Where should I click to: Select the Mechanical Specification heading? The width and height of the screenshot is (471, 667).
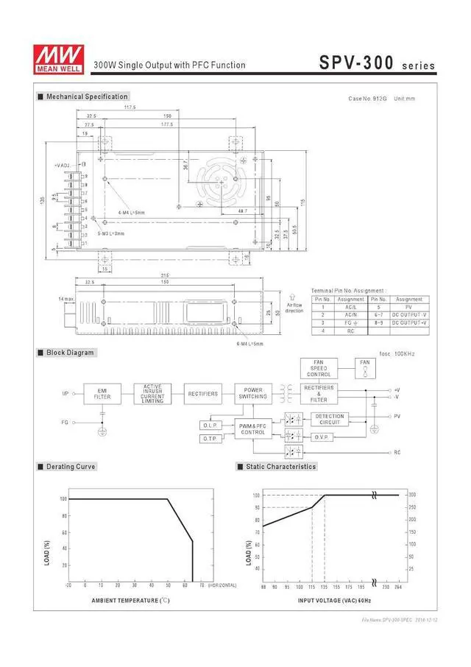(87, 96)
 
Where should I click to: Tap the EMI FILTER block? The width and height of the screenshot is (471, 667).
(102, 394)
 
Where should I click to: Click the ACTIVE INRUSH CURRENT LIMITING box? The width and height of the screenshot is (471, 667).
(152, 394)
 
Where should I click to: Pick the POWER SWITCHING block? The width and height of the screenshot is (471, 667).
(253, 394)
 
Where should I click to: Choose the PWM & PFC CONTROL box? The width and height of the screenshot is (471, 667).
(253, 429)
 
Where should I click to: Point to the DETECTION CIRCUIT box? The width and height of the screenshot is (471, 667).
(330, 419)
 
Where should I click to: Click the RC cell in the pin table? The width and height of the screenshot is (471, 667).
(350, 331)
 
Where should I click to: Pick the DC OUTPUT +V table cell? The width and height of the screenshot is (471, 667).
(408, 323)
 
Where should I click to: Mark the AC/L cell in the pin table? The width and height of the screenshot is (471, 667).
(350, 307)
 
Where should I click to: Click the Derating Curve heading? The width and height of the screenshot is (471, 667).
(71, 467)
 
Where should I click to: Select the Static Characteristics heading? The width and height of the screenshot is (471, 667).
(280, 467)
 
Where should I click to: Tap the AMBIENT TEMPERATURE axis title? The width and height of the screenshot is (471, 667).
(130, 601)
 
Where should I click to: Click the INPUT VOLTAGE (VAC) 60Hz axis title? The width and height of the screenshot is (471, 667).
(333, 601)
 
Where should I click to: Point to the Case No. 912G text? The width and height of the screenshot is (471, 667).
(366, 99)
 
